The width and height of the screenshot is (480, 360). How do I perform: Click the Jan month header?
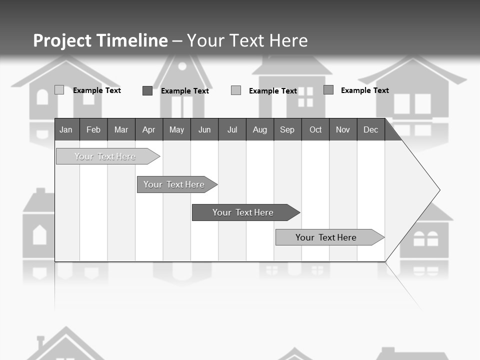pos(66,129)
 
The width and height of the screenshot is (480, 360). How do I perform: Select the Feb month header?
pos(93,129)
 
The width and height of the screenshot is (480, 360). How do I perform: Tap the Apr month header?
pos(149,129)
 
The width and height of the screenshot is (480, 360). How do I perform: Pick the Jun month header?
pos(204,129)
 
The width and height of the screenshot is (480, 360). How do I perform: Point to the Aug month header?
pos(260,129)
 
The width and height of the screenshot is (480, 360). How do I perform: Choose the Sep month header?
pos(287,129)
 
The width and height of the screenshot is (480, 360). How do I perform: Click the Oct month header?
pos(315,129)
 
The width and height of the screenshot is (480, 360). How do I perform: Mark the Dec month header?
pos(371,129)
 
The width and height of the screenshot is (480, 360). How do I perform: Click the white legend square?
pos(59,90)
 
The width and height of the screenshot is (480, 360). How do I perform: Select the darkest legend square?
pos(147,90)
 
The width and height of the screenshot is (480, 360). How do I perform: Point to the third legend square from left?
pos(236,90)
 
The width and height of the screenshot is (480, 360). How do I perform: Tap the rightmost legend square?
pos(328,90)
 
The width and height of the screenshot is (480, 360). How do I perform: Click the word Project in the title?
pos(62,40)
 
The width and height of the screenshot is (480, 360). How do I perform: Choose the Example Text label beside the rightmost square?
pos(365,90)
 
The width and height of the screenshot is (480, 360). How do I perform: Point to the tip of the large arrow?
pos(438,190)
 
